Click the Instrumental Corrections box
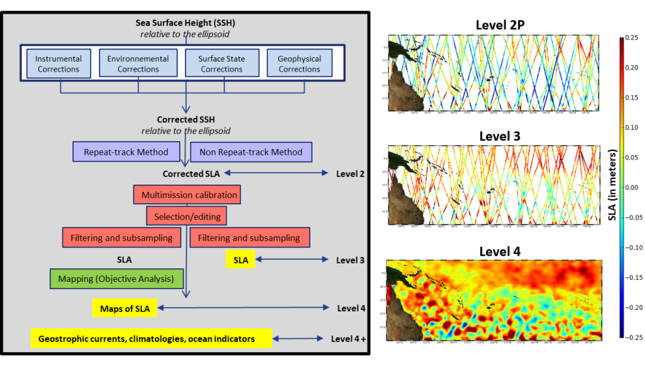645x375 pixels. pos(59,64)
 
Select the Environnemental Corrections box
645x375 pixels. pos(138,64)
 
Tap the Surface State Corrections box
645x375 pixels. pos(221,64)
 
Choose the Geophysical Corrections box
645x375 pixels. pos(300,64)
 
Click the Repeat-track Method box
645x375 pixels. pos(126,152)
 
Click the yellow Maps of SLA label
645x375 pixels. pos(125,308)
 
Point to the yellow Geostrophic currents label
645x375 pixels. pos(150,339)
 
